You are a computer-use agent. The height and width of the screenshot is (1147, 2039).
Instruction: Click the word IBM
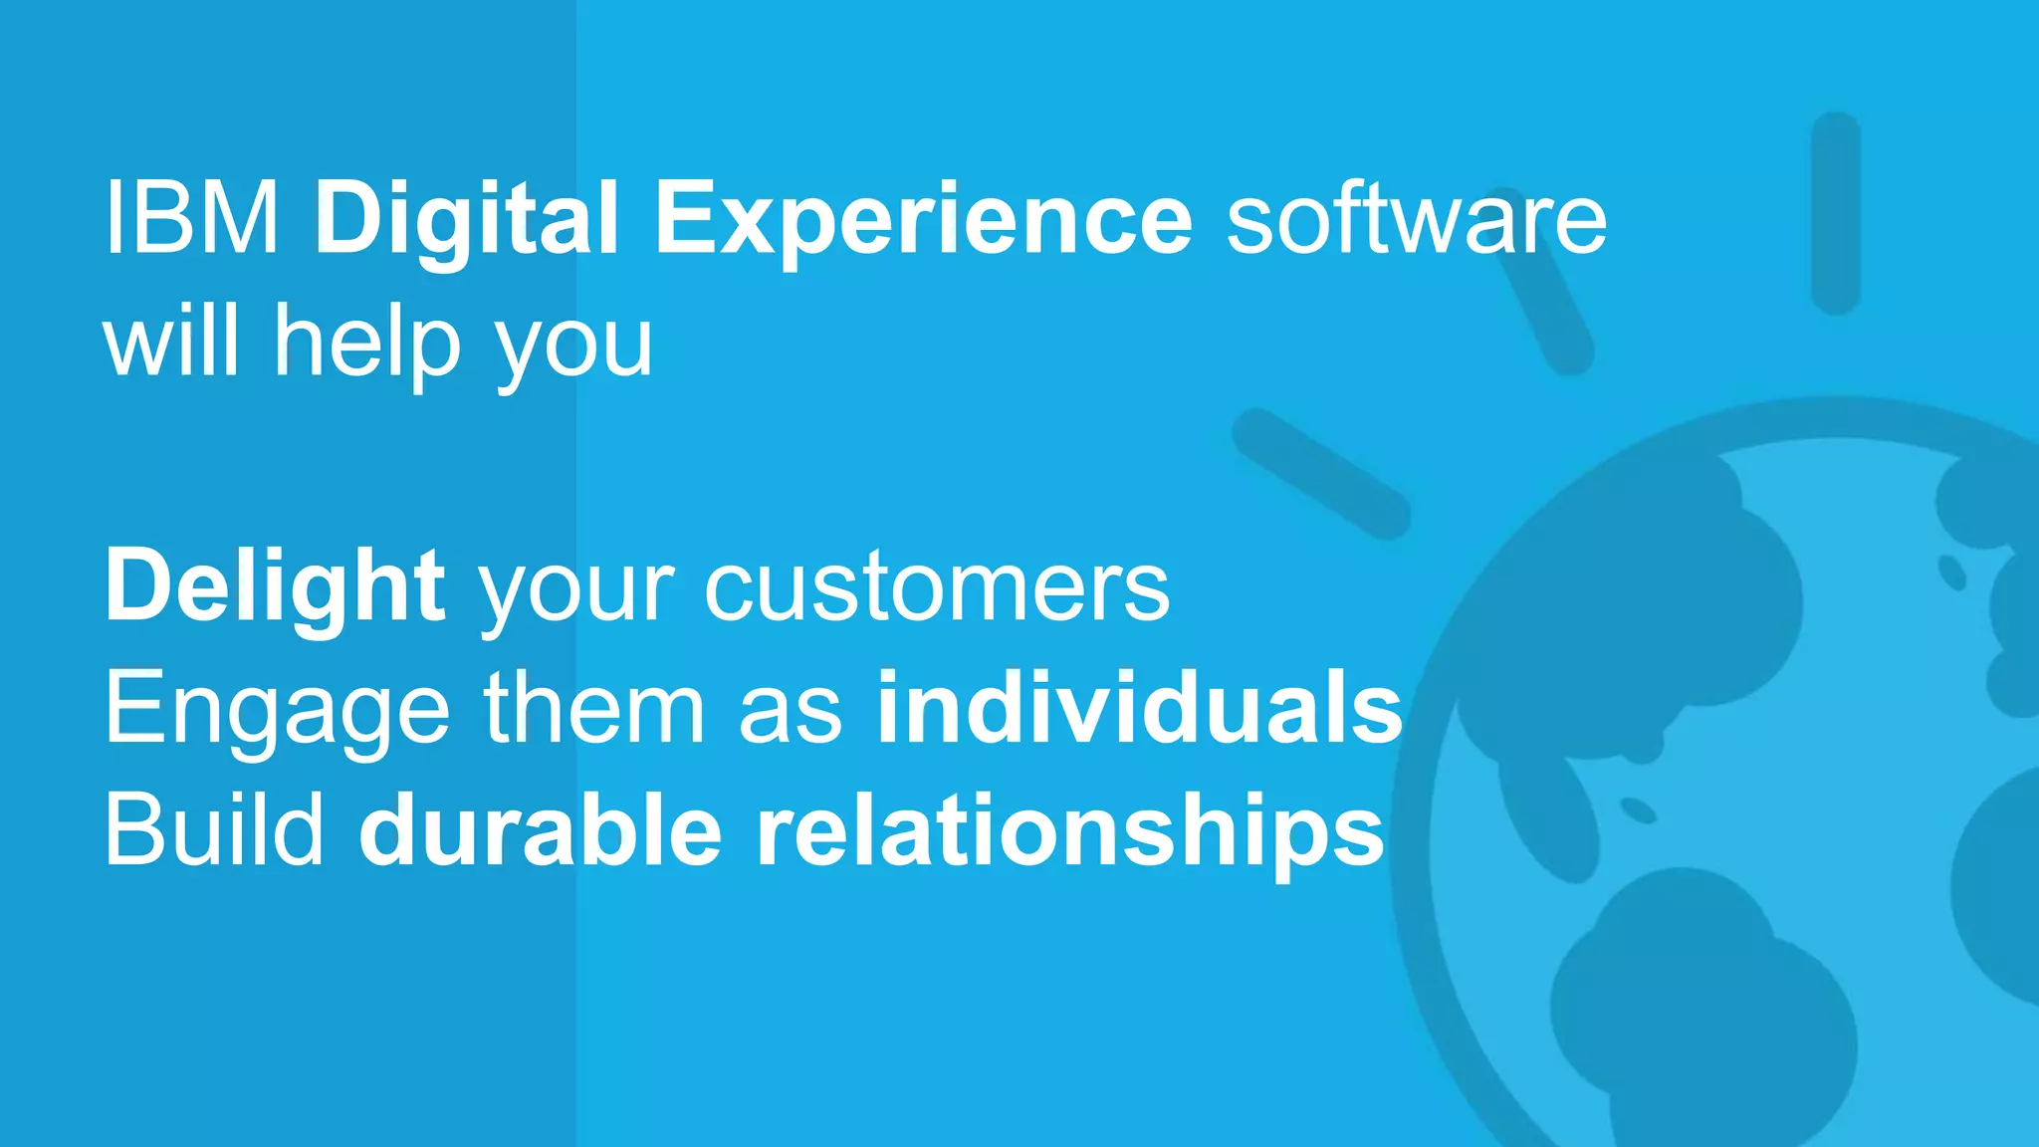tap(191, 219)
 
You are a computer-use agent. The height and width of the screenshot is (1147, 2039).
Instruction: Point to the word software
tap(1416, 219)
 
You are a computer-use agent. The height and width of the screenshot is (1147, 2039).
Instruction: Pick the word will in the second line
tap(171, 341)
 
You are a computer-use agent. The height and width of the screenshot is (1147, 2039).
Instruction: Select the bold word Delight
tap(275, 587)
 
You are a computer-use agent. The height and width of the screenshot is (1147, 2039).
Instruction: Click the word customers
tap(937, 587)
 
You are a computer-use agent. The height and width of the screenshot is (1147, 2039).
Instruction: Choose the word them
tap(594, 709)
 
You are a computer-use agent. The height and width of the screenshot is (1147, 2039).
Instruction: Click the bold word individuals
tap(1139, 709)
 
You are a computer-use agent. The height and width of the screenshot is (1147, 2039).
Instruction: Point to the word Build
tap(214, 830)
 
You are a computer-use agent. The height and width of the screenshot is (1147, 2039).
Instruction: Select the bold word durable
tap(540, 830)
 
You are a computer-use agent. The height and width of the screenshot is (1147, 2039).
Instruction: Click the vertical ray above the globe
tap(1835, 213)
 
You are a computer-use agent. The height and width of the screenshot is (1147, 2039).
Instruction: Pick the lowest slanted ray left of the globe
tap(1320, 474)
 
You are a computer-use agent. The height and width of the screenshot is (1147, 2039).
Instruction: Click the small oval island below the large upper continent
tap(1637, 809)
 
